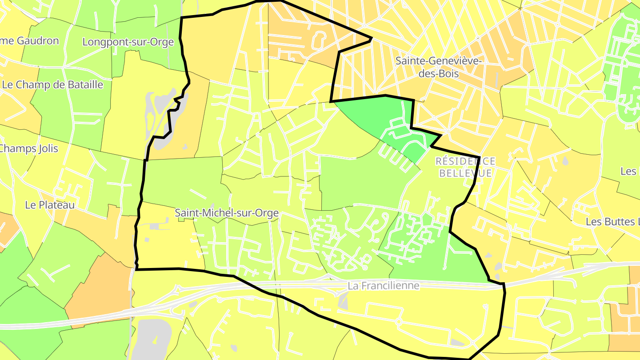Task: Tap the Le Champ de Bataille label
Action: point(52,84)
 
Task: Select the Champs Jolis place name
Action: point(28,148)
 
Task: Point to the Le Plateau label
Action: point(50,205)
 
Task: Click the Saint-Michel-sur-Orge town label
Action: point(227,213)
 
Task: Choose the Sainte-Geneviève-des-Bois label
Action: point(439,67)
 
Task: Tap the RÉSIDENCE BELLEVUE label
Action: point(465,167)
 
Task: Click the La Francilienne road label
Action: point(384,285)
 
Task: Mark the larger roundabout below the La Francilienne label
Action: point(399,321)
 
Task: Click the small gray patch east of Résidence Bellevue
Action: point(565,161)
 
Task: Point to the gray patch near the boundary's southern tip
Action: point(457,342)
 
